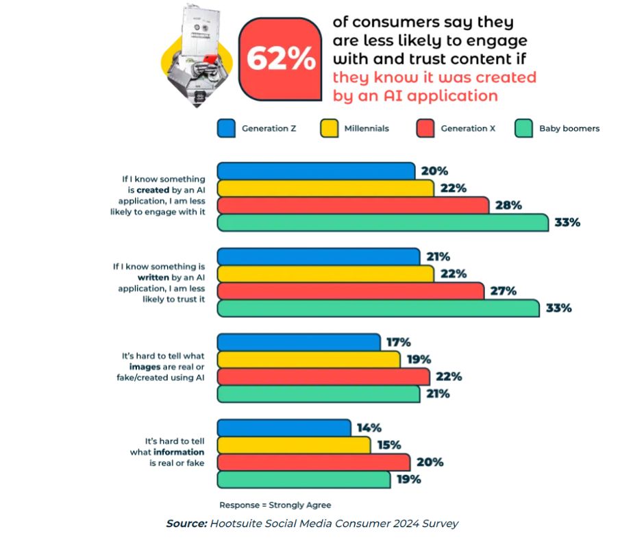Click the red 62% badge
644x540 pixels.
click(x=280, y=60)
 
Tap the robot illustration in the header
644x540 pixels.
click(x=195, y=55)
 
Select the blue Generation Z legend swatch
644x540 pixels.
click(x=226, y=128)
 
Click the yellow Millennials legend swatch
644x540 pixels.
click(x=329, y=128)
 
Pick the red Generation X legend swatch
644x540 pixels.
click(x=425, y=128)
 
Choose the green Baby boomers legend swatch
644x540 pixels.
click(x=524, y=128)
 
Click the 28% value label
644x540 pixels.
click(x=508, y=206)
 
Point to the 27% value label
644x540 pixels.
click(x=504, y=291)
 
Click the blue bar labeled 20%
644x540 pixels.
click(x=316, y=171)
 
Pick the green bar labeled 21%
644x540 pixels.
click(x=318, y=394)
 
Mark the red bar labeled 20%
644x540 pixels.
click(x=313, y=463)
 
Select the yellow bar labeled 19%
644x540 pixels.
click(x=308, y=360)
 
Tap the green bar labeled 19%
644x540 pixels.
click(x=304, y=480)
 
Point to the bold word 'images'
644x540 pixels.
click(x=144, y=367)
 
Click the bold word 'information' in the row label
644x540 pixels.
click(x=179, y=452)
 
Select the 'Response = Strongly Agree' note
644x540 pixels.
click(x=275, y=505)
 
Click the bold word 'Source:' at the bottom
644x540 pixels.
click(x=186, y=524)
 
